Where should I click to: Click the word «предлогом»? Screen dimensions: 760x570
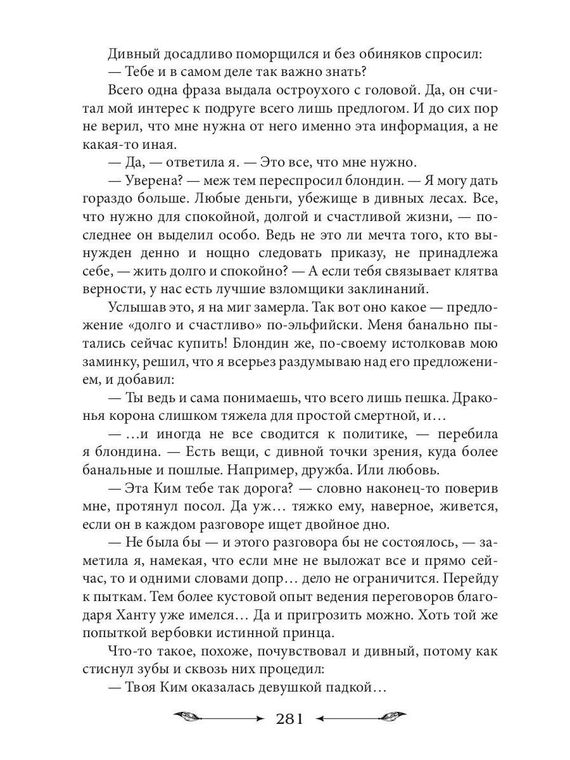(355, 108)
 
